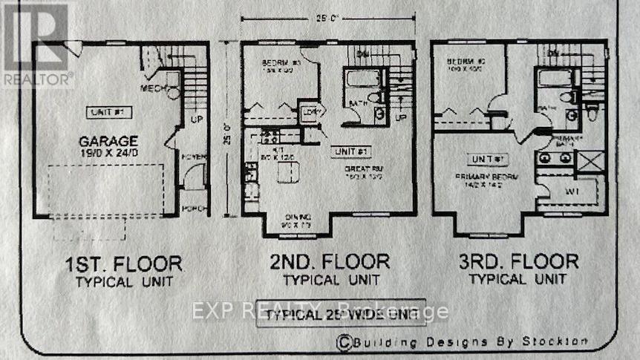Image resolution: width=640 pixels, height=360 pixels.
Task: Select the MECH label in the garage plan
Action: pyautogui.click(x=153, y=89)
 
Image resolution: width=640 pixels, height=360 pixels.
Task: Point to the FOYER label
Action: pyautogui.click(x=193, y=157)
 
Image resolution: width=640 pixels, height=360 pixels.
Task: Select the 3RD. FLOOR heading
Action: pyautogui.click(x=517, y=261)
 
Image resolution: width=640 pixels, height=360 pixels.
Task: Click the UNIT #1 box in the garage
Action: pyautogui.click(x=103, y=112)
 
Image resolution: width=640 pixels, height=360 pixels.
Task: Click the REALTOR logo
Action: pyautogui.click(x=35, y=45)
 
